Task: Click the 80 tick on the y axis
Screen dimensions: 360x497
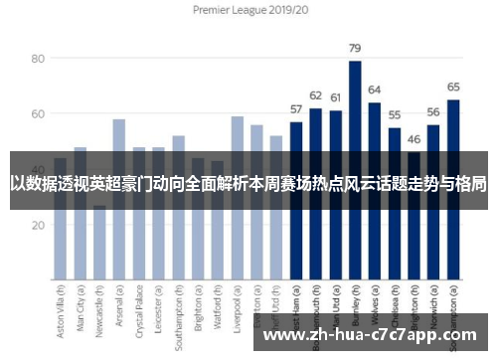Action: coord(39,59)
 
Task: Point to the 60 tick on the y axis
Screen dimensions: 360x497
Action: coord(39,114)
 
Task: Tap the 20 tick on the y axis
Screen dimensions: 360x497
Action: coord(39,226)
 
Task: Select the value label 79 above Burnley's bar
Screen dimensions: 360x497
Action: coord(355,48)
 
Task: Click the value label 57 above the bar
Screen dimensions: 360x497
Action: coord(296,108)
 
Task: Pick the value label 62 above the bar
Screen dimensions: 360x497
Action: coord(315,95)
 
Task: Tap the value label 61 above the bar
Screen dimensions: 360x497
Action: coord(335,97)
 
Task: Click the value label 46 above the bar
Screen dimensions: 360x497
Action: coord(414,139)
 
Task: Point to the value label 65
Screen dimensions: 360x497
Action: coord(452,87)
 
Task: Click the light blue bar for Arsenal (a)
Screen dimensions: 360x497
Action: coord(119,199)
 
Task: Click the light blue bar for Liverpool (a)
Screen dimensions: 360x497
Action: coord(238,199)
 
